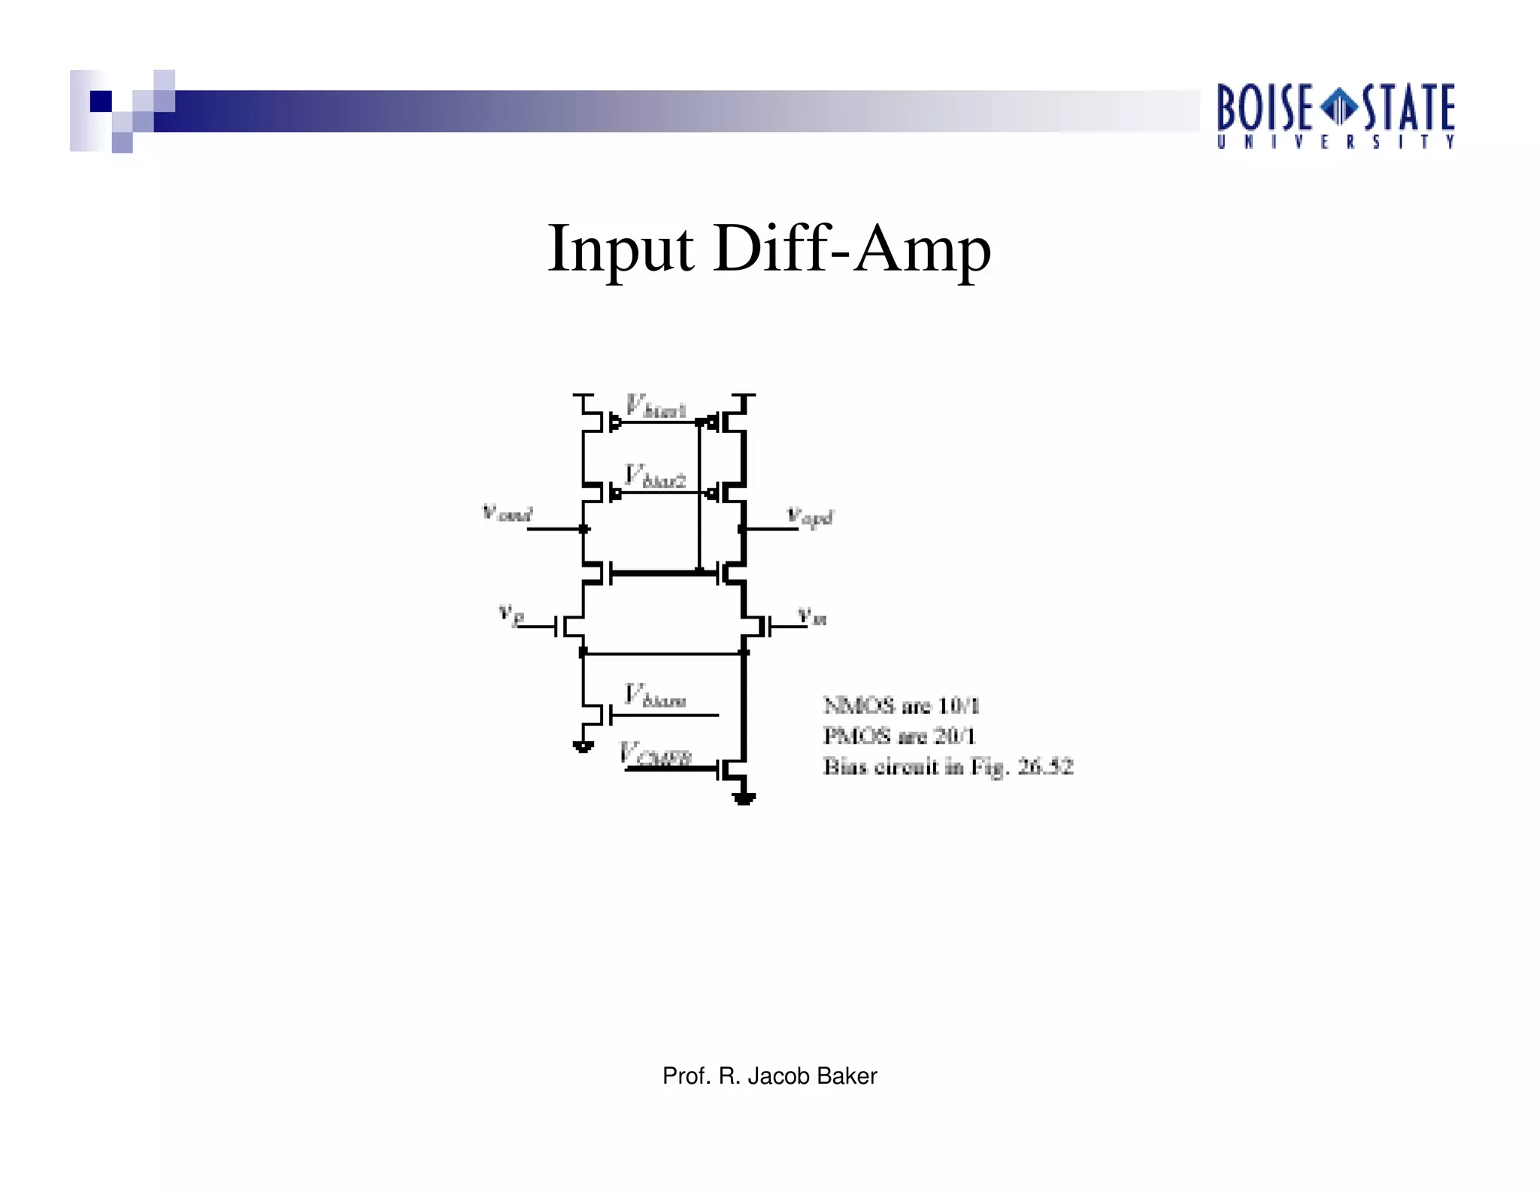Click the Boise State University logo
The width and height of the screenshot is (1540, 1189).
click(x=1335, y=116)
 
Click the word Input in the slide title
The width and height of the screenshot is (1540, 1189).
click(x=621, y=249)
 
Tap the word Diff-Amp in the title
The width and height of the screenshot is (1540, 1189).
click(x=852, y=249)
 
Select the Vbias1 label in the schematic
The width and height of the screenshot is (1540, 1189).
click(x=655, y=408)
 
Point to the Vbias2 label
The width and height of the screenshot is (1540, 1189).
click(x=655, y=477)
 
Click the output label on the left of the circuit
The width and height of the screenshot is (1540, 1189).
click(x=507, y=514)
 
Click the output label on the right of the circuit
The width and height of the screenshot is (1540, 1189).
click(x=810, y=517)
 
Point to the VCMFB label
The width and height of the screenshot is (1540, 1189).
click(x=655, y=755)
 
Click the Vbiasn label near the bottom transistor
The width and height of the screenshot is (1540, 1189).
click(x=654, y=696)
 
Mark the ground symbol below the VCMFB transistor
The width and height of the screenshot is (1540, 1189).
click(x=744, y=799)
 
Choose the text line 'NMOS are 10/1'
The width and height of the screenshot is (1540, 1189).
click(x=902, y=706)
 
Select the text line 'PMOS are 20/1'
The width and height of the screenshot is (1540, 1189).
click(x=899, y=736)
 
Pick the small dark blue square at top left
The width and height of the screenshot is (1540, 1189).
click(x=101, y=101)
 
